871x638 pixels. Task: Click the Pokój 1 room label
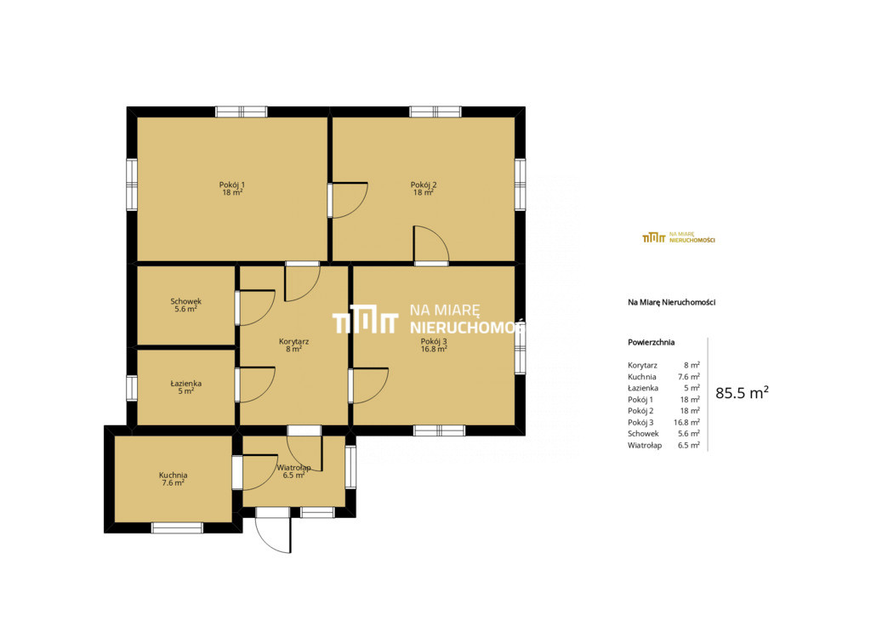pyautogui.click(x=231, y=185)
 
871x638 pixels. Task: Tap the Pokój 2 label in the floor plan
pyautogui.click(x=424, y=185)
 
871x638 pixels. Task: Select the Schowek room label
pyautogui.click(x=186, y=301)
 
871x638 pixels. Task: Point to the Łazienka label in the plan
pyautogui.click(x=186, y=383)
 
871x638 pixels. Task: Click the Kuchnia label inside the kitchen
pyautogui.click(x=173, y=476)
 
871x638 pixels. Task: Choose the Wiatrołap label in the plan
pyautogui.click(x=293, y=467)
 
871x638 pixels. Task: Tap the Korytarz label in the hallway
pyautogui.click(x=293, y=341)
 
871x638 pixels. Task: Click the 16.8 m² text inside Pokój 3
pyautogui.click(x=435, y=349)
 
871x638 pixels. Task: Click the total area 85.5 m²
pyautogui.click(x=742, y=393)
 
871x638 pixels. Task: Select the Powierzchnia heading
pyautogui.click(x=651, y=342)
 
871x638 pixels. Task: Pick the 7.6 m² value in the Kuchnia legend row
pyautogui.click(x=689, y=377)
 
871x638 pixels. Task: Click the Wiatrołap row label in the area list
pyautogui.click(x=645, y=445)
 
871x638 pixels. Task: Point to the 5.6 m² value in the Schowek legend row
pyautogui.click(x=689, y=434)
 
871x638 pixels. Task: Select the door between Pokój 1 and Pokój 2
pyautogui.click(x=347, y=200)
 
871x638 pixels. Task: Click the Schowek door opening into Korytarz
pyautogui.click(x=255, y=307)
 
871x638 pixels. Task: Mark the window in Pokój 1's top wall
pyautogui.click(x=241, y=111)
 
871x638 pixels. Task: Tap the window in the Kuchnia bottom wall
pyautogui.click(x=177, y=527)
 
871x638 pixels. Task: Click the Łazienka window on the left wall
pyautogui.click(x=132, y=388)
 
